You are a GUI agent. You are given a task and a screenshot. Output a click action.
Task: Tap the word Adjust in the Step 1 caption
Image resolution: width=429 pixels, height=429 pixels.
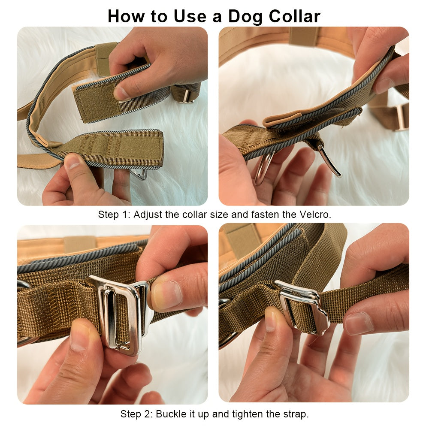pos(148,214)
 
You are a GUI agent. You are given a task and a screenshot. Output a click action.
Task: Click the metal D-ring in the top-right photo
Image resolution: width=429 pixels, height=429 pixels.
pos(263,168)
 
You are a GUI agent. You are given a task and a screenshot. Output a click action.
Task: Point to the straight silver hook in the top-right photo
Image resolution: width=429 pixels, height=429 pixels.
pos(329,161)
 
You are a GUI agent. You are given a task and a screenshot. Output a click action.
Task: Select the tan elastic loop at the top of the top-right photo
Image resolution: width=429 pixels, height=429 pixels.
pos(304,36)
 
